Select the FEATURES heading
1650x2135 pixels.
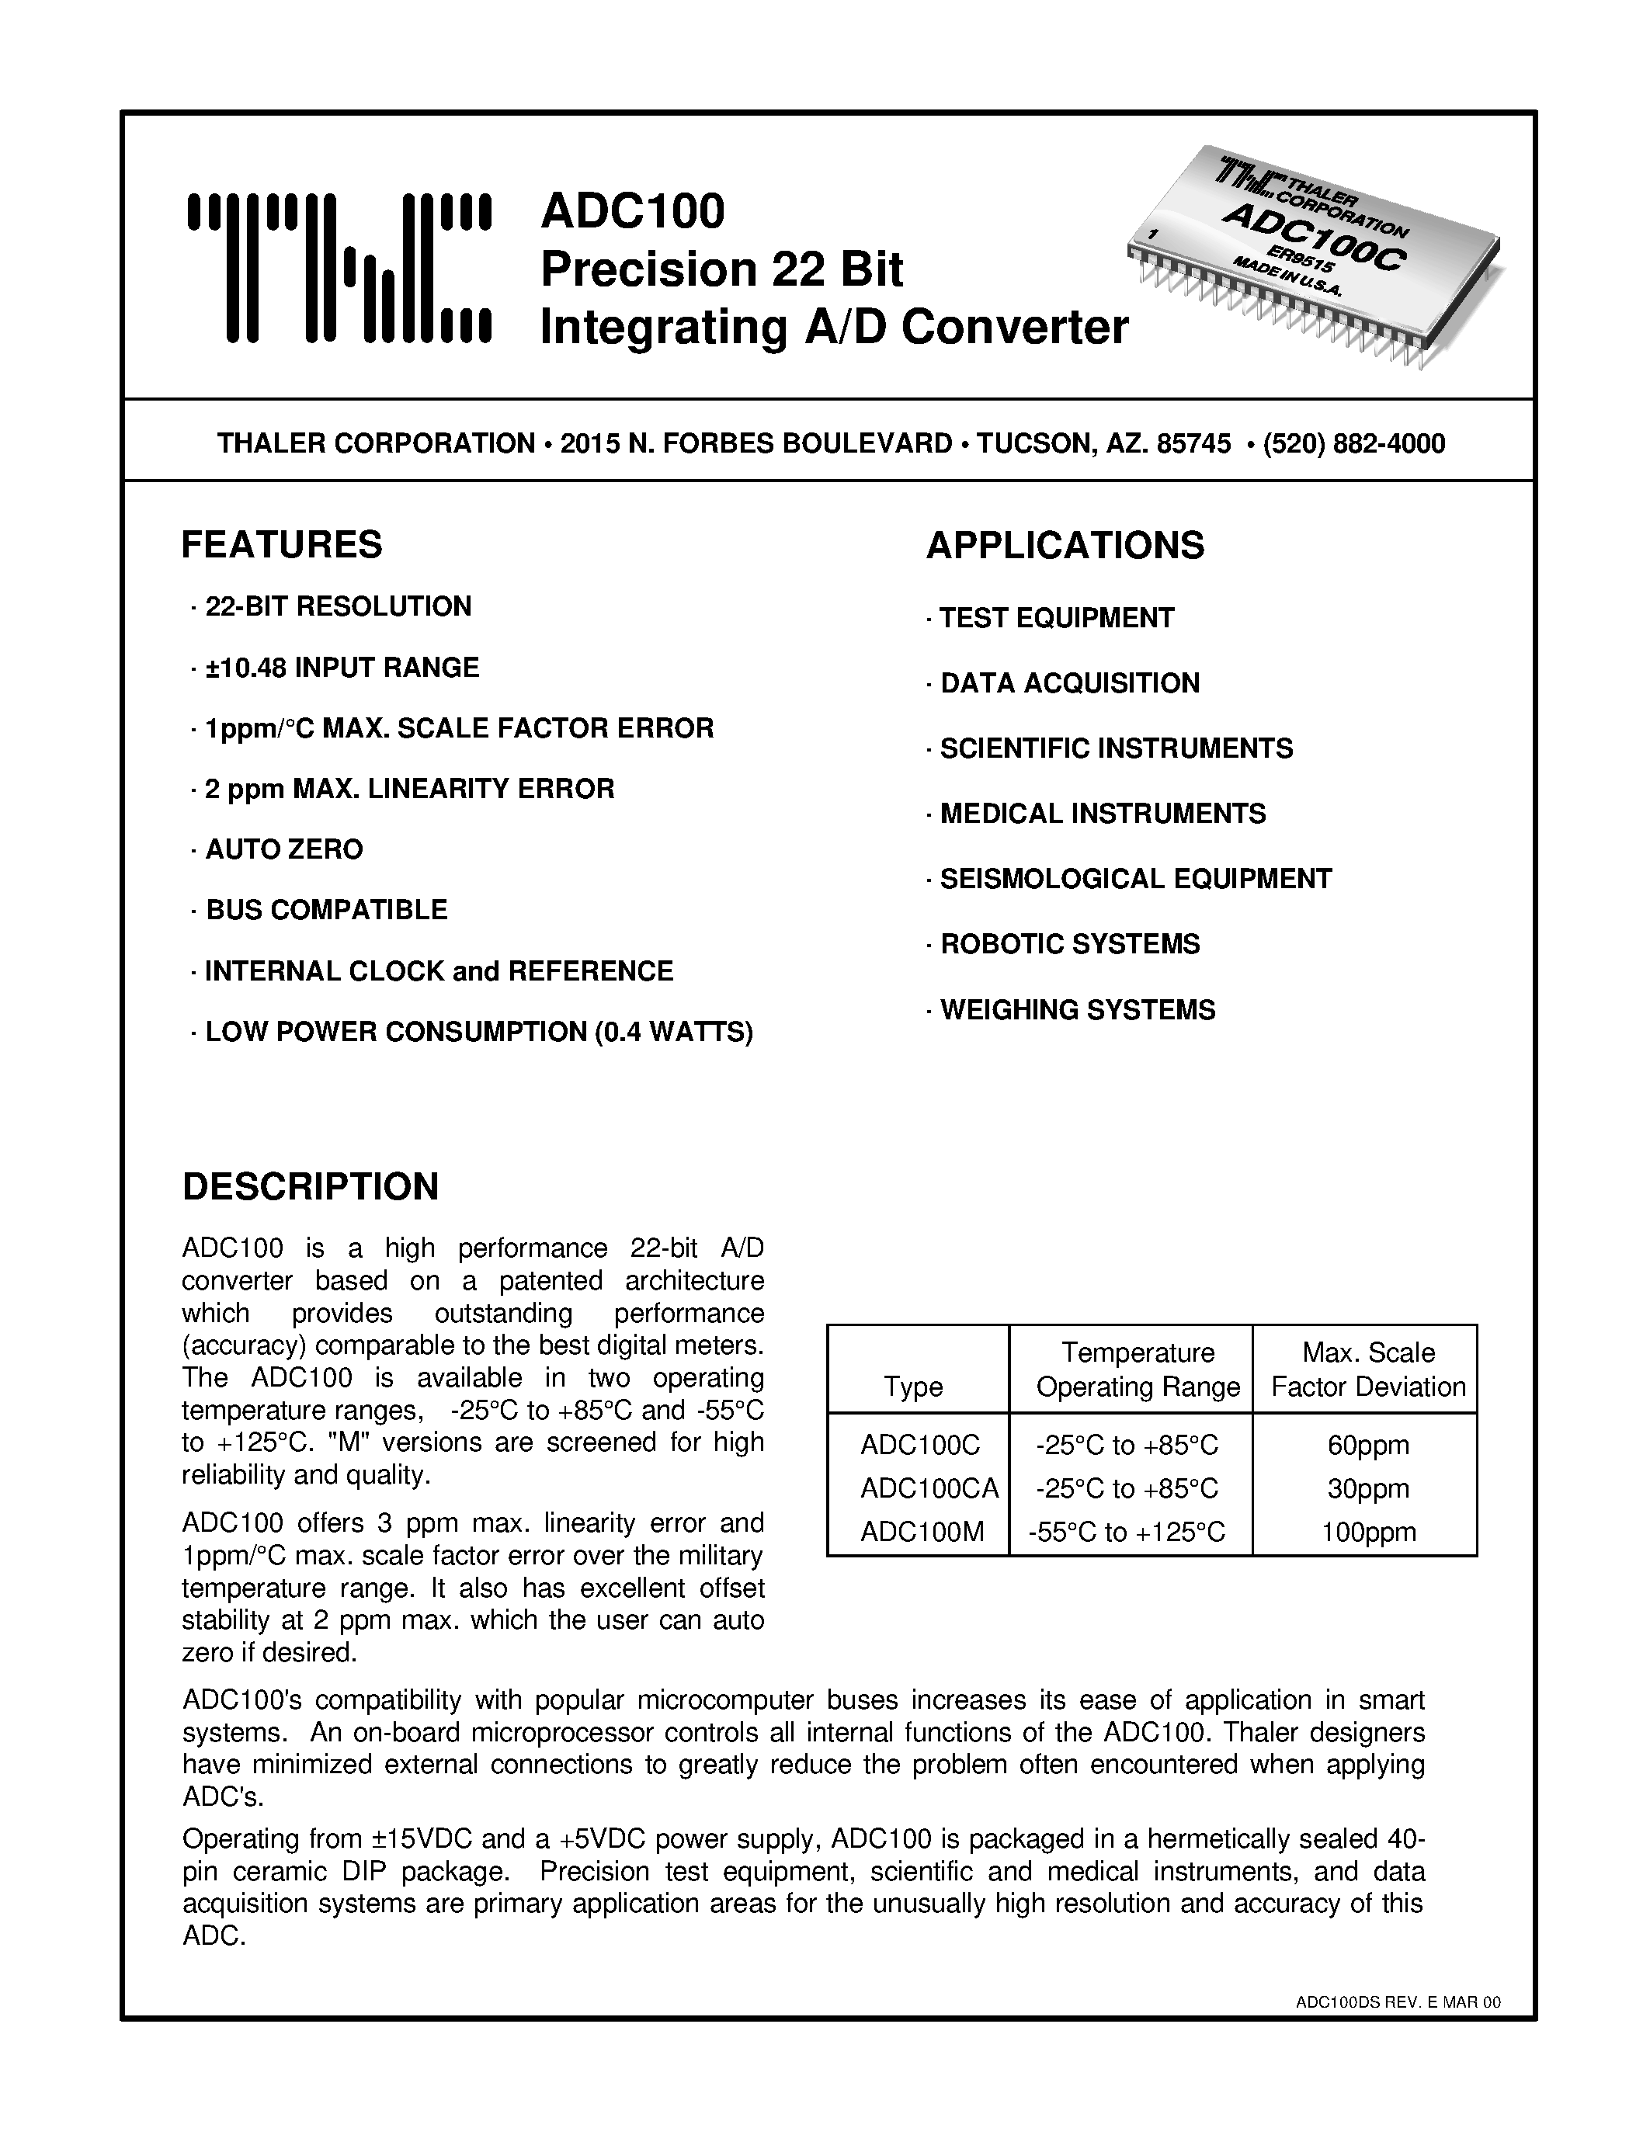[282, 544]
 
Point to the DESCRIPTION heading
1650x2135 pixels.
[311, 1186]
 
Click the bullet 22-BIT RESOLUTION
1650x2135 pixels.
[337, 606]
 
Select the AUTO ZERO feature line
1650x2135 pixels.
[283, 849]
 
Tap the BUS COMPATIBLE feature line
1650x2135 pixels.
[325, 909]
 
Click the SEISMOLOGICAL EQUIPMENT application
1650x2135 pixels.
[1135, 879]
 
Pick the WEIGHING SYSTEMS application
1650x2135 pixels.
[1077, 1010]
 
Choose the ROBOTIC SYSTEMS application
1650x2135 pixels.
[1069, 944]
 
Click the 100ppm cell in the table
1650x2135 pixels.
[1367, 1532]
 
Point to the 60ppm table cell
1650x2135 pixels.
[1367, 1445]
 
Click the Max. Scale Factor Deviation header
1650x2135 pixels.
[1367, 1370]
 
